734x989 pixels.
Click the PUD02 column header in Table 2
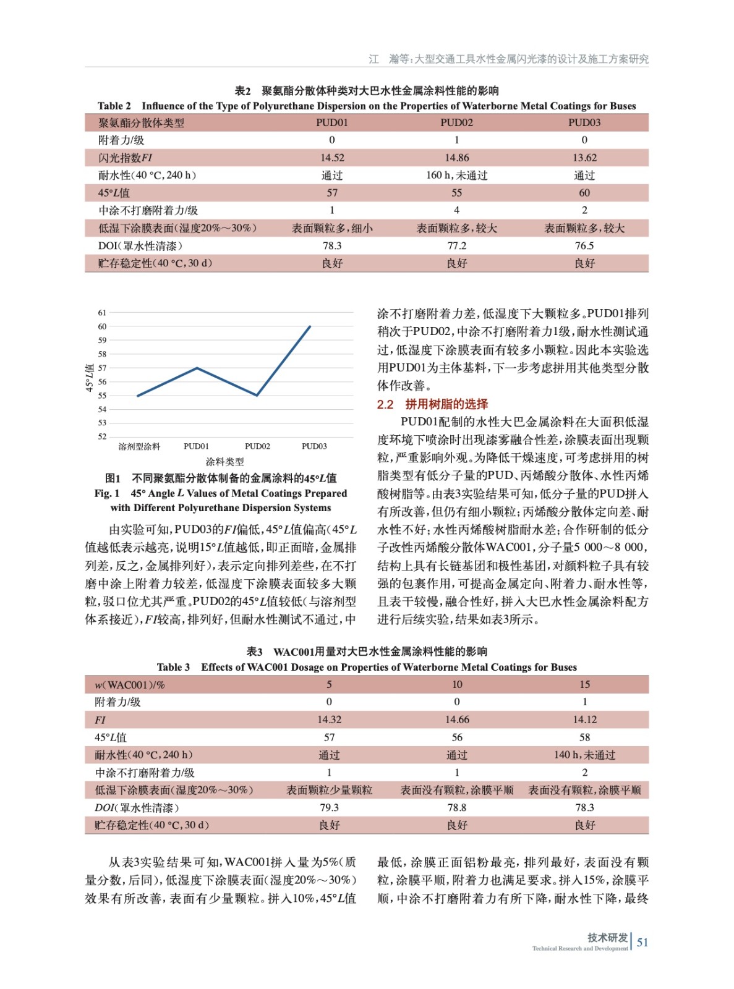[x=456, y=122]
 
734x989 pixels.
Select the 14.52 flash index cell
[x=332, y=158]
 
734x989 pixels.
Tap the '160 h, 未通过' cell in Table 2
[x=456, y=176]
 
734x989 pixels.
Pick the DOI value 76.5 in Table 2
[x=584, y=246]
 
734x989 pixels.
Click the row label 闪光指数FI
[x=125, y=158]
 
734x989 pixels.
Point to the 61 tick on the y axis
[x=102, y=313]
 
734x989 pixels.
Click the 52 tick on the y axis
[x=102, y=436]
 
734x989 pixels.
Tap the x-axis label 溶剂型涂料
[x=139, y=446]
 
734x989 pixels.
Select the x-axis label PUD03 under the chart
[x=314, y=446]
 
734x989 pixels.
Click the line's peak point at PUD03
[x=310, y=326]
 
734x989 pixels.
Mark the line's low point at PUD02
[x=257, y=396]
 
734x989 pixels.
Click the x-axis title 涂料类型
[x=224, y=462]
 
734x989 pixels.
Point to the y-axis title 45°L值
[x=90, y=378]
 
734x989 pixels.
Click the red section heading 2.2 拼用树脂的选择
[x=432, y=404]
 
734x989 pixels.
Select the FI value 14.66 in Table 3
[x=456, y=719]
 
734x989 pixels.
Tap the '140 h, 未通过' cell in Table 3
[x=584, y=755]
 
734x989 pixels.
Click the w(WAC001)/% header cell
[x=129, y=684]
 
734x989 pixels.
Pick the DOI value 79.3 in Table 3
[x=329, y=808]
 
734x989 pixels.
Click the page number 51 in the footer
[x=642, y=943]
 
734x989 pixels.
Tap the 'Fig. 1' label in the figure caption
[x=107, y=493]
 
